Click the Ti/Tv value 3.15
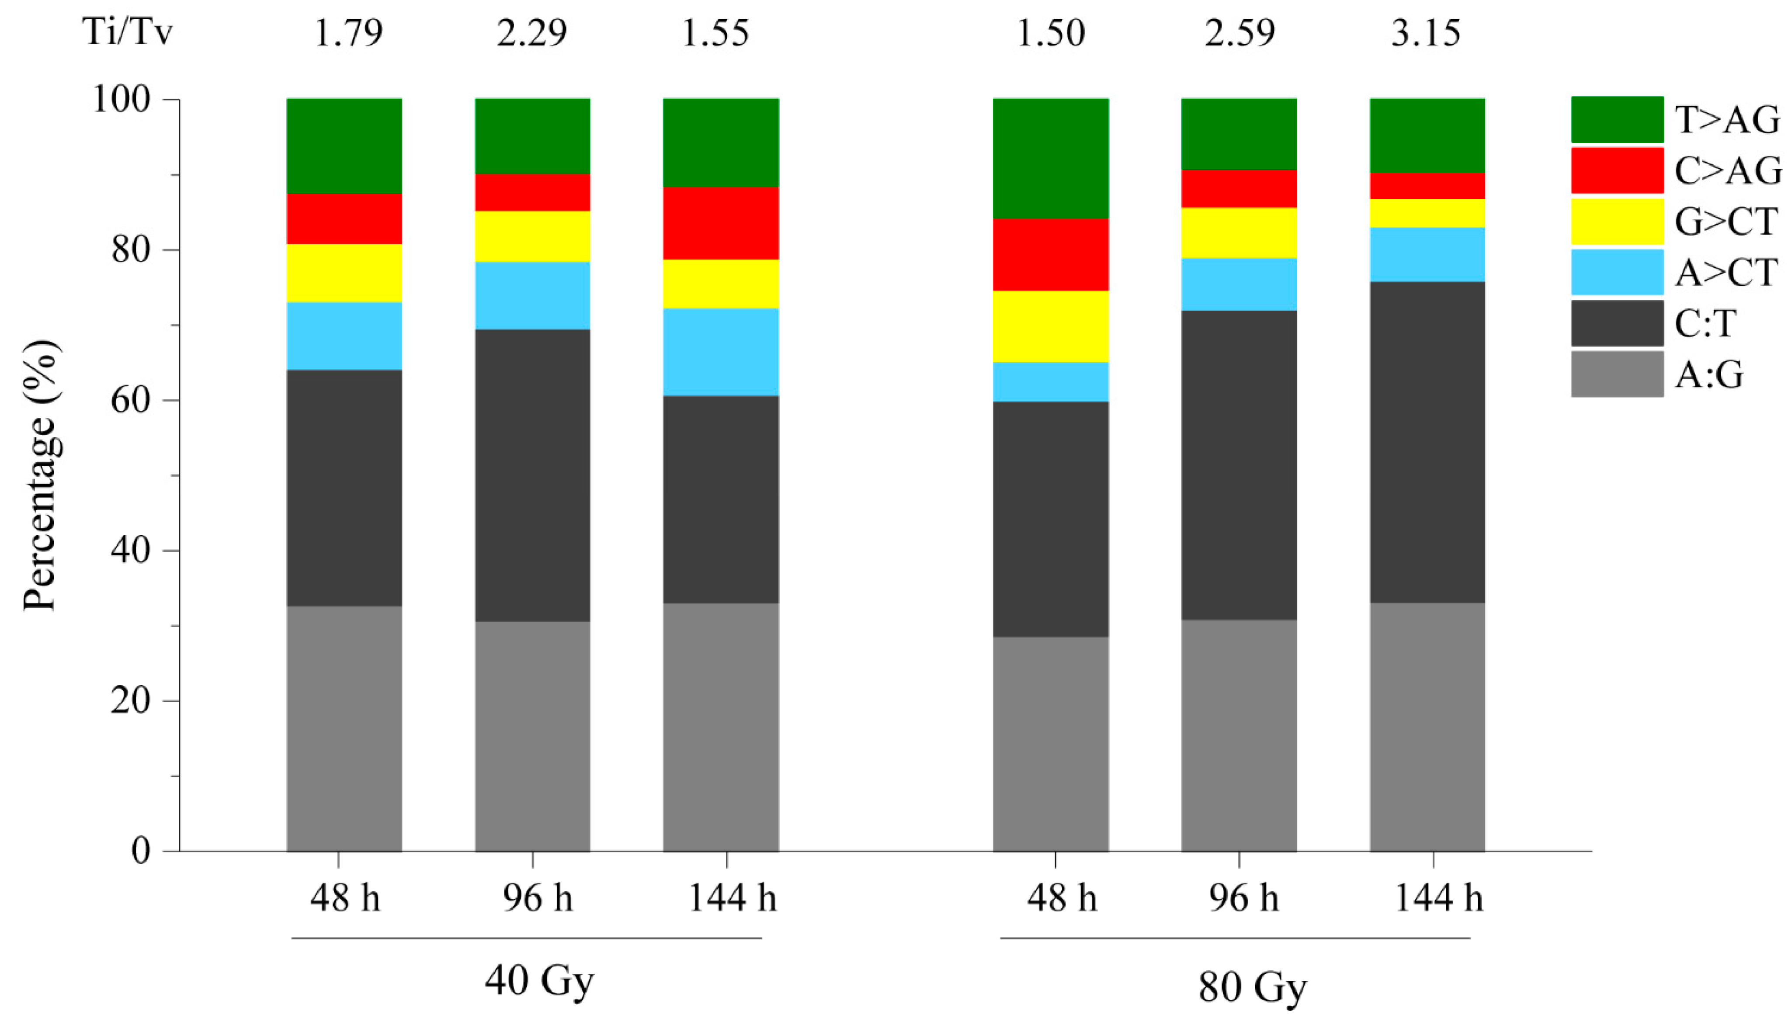[x=1425, y=33]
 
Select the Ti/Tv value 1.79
[x=348, y=33]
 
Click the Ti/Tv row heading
[x=127, y=33]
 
